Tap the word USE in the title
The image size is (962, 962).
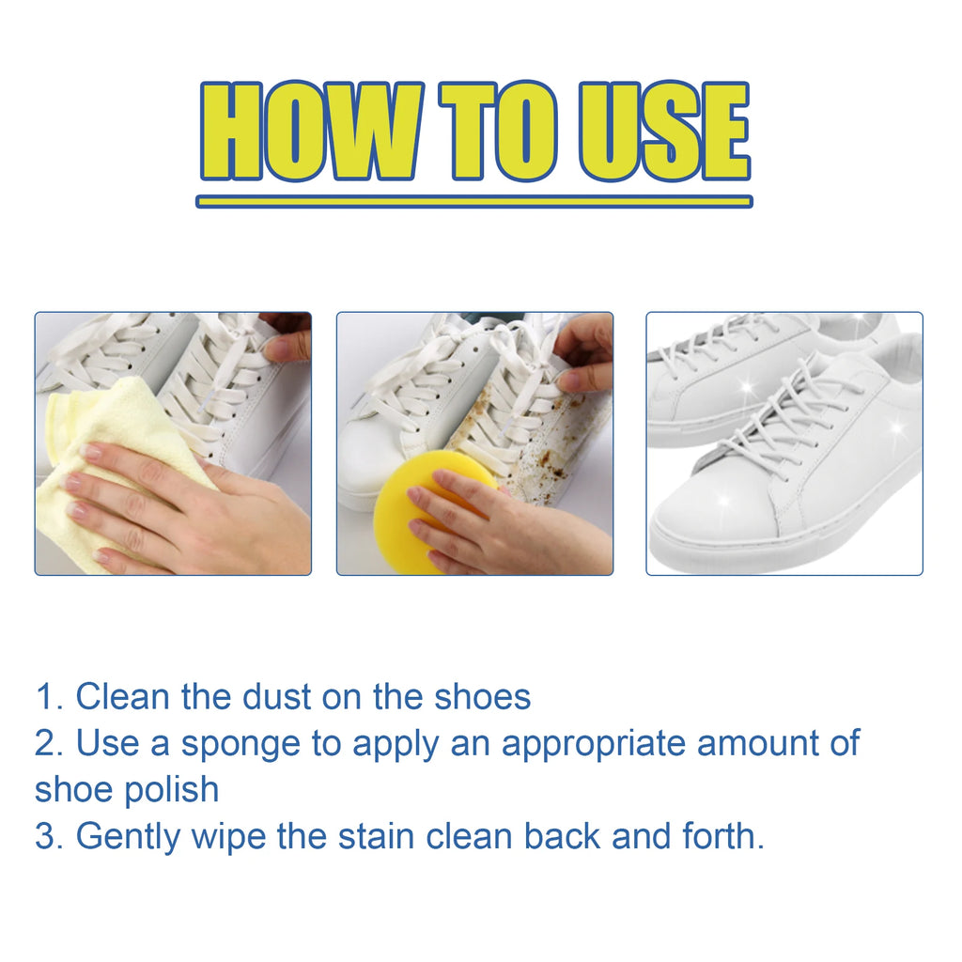click(x=664, y=131)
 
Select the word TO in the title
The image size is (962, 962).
click(x=498, y=131)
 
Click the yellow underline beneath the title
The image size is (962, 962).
click(x=474, y=201)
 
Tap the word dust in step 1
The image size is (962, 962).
click(x=277, y=697)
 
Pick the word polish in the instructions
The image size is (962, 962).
click(x=172, y=789)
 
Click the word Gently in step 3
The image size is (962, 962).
click(x=128, y=837)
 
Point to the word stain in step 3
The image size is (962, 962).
click(x=376, y=836)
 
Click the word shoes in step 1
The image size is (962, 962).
click(x=482, y=697)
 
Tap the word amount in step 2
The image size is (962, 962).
click(x=757, y=744)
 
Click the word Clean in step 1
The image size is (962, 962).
click(x=122, y=697)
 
